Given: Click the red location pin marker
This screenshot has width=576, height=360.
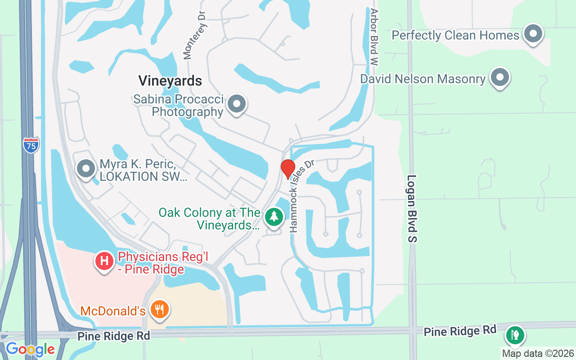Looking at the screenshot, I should tap(288, 169).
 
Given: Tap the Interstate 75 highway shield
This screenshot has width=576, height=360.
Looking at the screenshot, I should tap(31, 145).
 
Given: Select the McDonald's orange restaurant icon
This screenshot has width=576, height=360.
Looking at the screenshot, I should tap(159, 310).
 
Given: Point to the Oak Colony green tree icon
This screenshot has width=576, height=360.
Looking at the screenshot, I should tap(274, 217).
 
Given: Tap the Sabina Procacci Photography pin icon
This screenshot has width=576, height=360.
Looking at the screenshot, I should tap(237, 104).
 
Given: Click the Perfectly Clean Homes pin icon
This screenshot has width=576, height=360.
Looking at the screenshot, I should tap(533, 34).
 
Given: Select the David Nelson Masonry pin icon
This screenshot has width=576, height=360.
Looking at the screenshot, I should tap(499, 78).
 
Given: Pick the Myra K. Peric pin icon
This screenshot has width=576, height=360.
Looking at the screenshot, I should tap(86, 170).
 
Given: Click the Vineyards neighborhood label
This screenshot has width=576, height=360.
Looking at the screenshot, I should tap(170, 81).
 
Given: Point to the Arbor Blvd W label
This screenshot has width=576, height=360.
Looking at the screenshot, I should tap(373, 37).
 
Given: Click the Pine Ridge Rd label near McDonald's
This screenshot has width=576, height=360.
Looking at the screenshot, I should tap(107, 336).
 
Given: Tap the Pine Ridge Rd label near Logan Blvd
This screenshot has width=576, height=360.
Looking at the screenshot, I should tap(459, 331).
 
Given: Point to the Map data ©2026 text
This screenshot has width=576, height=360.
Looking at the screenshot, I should tap(538, 354).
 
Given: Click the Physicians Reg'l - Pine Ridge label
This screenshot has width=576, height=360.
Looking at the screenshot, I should tap(151, 263).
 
